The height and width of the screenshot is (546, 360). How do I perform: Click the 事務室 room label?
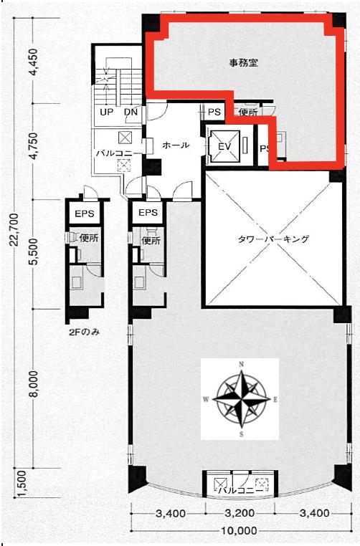(243, 63)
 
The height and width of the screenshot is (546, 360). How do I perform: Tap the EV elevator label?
(224, 147)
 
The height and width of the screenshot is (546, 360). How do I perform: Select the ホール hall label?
(176, 145)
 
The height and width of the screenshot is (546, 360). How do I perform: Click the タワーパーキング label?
(273, 239)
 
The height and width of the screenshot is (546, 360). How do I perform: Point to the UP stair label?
(106, 112)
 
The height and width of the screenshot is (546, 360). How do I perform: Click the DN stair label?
(131, 112)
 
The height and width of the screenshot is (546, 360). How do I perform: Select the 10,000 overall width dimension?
(239, 531)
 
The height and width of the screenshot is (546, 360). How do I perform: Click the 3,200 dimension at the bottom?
(240, 513)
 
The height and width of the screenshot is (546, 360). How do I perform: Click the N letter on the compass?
(241, 365)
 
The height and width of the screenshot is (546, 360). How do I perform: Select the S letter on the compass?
(241, 434)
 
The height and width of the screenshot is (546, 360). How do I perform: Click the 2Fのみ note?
(85, 332)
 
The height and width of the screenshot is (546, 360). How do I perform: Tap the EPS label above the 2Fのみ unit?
(85, 213)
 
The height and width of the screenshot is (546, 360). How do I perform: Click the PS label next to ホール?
(214, 112)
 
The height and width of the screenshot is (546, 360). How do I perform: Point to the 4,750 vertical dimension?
(34, 146)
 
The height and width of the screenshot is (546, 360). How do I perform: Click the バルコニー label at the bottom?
(241, 490)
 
